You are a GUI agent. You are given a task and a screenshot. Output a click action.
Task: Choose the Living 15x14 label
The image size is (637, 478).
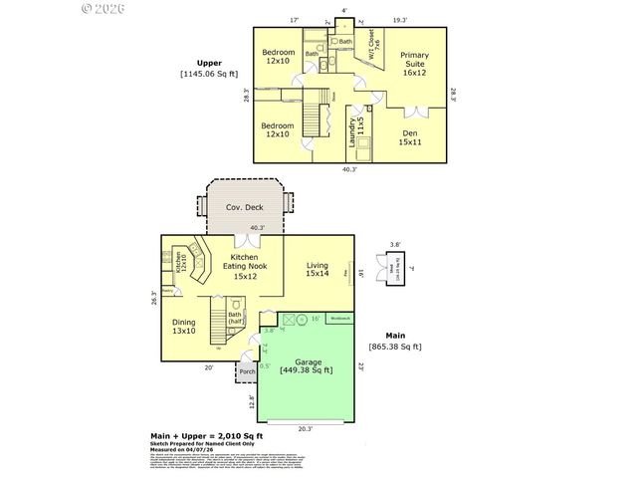pos(318,270)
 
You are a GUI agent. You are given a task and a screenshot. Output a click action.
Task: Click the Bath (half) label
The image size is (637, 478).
pos(237,318)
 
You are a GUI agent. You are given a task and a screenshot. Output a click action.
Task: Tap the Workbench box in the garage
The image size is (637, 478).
pos(340,318)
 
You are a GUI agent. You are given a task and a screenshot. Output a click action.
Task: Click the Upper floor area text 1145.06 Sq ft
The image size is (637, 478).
pos(209,73)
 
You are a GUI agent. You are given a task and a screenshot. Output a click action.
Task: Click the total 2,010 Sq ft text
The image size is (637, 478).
pos(206,436)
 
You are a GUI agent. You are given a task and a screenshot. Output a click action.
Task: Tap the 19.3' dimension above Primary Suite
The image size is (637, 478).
pos(400,20)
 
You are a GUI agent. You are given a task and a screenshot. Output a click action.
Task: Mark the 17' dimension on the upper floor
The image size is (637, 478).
pos(294,20)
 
